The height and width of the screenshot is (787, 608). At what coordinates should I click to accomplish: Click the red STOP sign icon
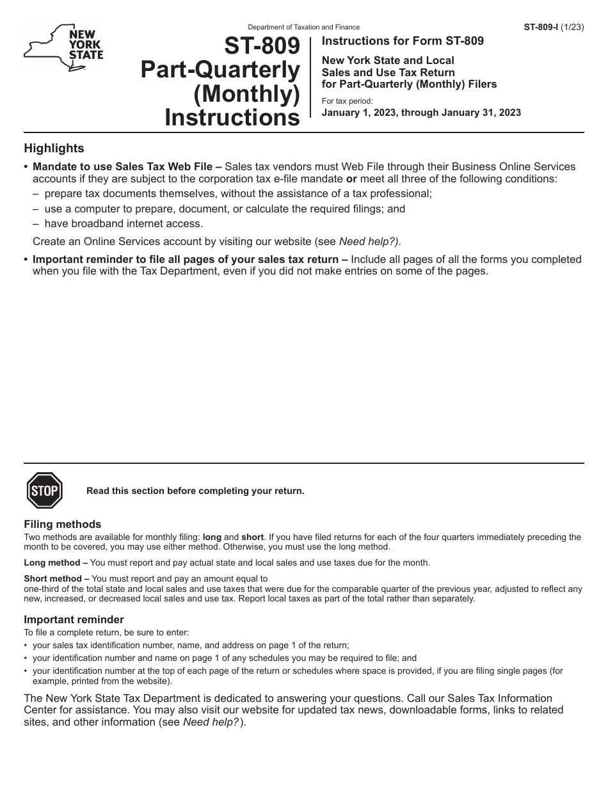pos(44,491)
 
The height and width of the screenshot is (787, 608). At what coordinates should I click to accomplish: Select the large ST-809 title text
pos(262,46)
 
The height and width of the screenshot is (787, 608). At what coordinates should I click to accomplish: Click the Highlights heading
pos(54,148)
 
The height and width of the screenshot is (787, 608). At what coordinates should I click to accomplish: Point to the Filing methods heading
pos(62,524)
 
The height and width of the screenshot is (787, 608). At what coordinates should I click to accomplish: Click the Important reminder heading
pos(74,619)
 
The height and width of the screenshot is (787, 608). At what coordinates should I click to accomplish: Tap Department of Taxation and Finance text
pos(303,28)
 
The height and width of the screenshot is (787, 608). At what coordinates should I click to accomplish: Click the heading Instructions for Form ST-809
pos(403,41)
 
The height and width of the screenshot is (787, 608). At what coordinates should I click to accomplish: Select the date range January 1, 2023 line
pos(421,113)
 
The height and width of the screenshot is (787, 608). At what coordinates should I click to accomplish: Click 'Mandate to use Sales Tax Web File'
pos(127,166)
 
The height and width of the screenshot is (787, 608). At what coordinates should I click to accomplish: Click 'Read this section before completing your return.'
pos(195,491)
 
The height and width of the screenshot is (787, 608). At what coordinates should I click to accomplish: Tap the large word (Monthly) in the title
pos(247,94)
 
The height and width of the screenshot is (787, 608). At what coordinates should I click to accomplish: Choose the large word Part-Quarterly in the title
pos(220,70)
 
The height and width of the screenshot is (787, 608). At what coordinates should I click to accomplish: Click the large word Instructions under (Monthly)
pos(232,118)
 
